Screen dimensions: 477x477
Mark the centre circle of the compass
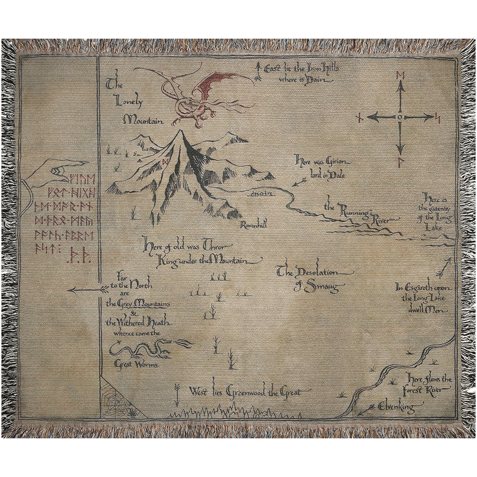(x=400, y=117)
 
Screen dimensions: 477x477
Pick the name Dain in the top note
(x=323, y=80)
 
